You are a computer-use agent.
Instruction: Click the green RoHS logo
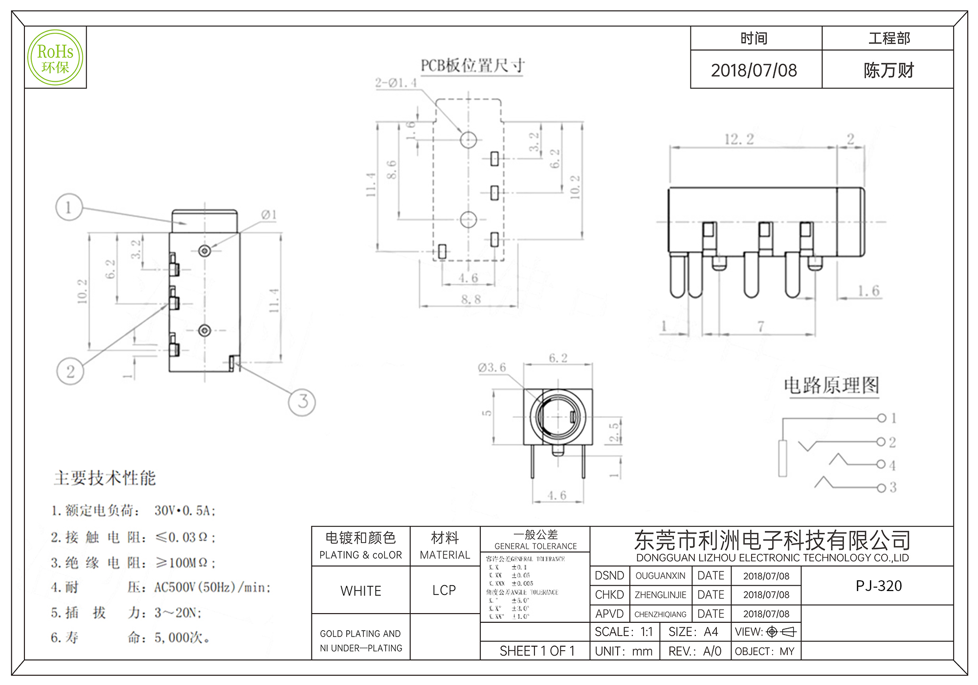click(55, 57)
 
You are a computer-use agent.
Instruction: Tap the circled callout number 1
click(69, 207)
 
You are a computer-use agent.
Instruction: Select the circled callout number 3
click(302, 402)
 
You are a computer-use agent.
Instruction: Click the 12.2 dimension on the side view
click(739, 139)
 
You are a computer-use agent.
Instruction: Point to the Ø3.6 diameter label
click(492, 367)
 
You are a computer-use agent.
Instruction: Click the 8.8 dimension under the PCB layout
click(470, 299)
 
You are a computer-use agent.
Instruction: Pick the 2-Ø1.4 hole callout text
click(396, 83)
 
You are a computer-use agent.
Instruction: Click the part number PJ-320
click(879, 586)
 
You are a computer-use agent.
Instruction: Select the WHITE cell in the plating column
click(361, 591)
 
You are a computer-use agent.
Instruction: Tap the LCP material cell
click(444, 591)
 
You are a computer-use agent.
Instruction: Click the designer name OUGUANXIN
click(660, 576)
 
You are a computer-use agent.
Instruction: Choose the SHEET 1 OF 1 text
click(537, 651)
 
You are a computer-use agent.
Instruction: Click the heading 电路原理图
click(831, 386)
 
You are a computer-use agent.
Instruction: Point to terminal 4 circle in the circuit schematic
click(881, 464)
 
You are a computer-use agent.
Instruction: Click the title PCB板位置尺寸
click(473, 66)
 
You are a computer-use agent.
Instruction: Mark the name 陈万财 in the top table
click(889, 70)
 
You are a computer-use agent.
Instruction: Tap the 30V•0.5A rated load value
click(185, 511)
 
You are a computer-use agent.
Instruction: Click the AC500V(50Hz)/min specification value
click(212, 587)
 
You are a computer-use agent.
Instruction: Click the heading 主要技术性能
click(105, 478)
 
